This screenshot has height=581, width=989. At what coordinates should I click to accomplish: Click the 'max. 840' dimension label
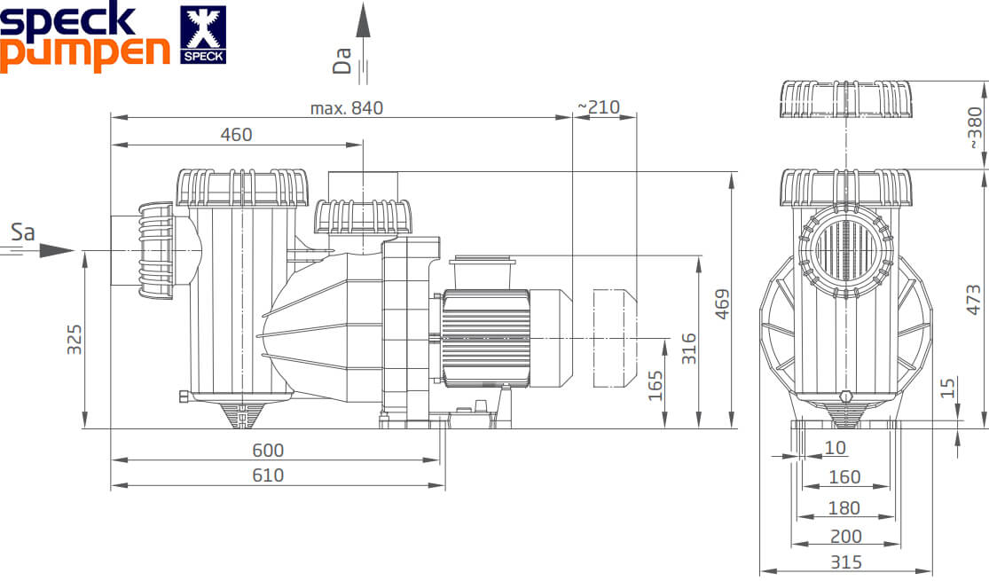point(346,108)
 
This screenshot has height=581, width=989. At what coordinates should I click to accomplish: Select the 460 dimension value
point(237,134)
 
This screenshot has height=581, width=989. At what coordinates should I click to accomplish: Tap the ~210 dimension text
point(599,107)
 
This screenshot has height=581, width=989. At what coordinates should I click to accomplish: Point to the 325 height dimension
point(75,340)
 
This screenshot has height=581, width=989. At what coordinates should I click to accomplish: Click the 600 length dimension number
point(268,450)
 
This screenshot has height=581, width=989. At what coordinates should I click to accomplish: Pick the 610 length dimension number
point(268,475)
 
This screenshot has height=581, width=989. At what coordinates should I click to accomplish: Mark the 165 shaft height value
point(655,386)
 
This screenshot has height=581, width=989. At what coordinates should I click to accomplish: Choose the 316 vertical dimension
point(689,349)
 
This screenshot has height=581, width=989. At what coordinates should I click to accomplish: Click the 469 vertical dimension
point(722,304)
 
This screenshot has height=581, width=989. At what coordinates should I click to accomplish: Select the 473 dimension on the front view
point(974,300)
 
